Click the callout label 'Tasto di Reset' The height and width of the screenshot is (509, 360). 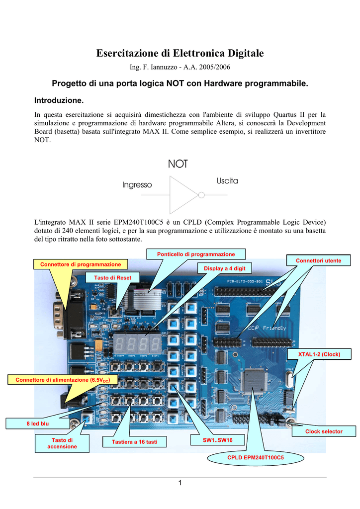click(x=113, y=277)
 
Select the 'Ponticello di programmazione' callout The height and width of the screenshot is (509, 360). click(x=196, y=254)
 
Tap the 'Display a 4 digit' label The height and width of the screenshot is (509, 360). click(x=224, y=268)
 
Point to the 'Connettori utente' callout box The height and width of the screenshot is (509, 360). click(x=318, y=260)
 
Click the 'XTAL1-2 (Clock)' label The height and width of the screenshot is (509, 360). click(x=319, y=354)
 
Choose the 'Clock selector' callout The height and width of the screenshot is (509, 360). click(x=324, y=431)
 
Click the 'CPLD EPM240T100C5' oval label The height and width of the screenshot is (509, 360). click(x=256, y=457)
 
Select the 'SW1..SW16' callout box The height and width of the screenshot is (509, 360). click(x=217, y=440)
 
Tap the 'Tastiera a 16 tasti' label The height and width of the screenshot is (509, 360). click(x=134, y=442)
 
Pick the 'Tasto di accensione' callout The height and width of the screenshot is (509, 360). click(x=62, y=443)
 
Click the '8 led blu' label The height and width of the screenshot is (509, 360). click(x=38, y=424)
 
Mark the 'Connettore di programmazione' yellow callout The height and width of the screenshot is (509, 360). click(x=81, y=264)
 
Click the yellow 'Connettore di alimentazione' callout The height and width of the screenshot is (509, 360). click(x=63, y=380)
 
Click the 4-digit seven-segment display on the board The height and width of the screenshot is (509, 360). click(x=138, y=344)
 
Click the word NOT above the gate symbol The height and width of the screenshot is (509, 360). click(x=178, y=164)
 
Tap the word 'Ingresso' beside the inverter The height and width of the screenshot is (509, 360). click(x=137, y=185)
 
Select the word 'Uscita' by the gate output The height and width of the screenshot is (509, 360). click(x=227, y=181)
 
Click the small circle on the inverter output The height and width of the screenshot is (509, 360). click(x=201, y=195)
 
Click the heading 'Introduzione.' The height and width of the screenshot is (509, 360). click(x=59, y=100)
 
